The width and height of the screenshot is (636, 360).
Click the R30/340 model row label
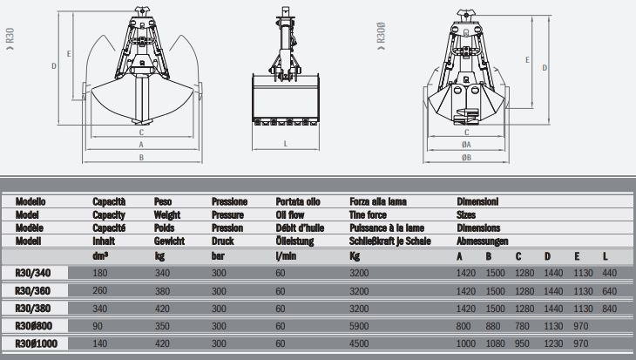[x=33, y=273]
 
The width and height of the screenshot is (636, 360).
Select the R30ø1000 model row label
[x=36, y=343]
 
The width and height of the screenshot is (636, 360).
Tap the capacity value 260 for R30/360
[x=100, y=290]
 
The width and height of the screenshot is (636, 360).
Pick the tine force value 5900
[x=359, y=326]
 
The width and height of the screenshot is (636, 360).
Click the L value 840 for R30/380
[x=610, y=309]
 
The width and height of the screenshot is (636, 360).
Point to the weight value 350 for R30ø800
[x=162, y=326]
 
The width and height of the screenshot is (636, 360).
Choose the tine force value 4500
[x=359, y=343]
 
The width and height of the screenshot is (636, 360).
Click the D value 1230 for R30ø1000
[x=553, y=343]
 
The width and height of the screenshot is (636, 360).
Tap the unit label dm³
[x=100, y=256]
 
